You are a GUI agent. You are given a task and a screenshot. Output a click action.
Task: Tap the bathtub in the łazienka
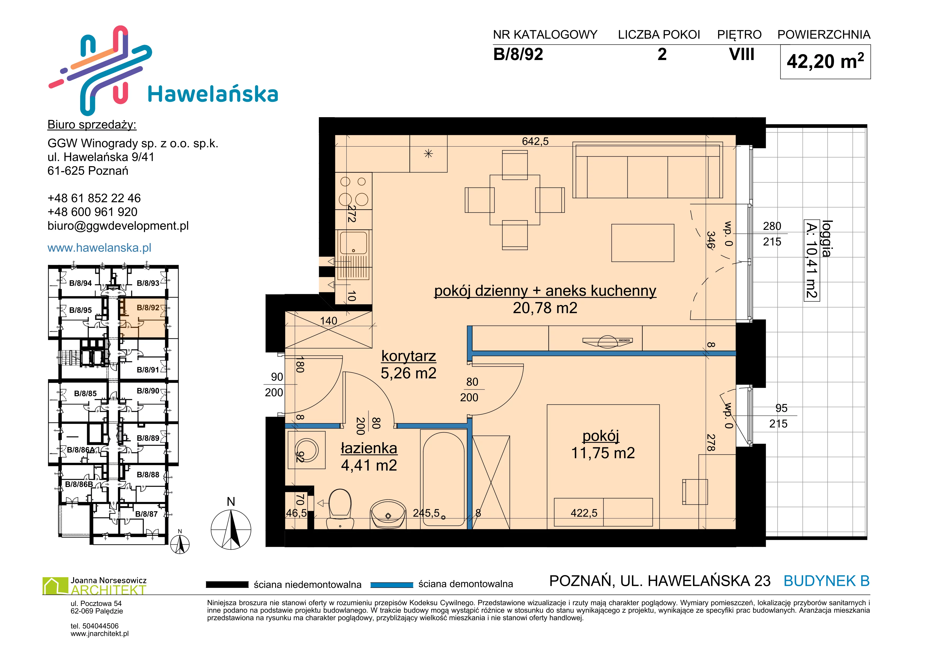[x=443, y=479]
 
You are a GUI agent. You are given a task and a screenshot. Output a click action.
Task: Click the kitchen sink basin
[x=354, y=242]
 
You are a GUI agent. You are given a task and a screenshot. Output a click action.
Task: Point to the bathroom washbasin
[x=388, y=514]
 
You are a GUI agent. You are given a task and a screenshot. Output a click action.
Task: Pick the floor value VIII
[x=742, y=54]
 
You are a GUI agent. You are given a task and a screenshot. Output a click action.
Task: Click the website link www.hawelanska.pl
[x=99, y=248]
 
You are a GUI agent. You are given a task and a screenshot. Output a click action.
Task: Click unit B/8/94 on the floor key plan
[x=80, y=283]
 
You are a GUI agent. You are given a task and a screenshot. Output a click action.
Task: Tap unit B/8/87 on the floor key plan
[x=146, y=514]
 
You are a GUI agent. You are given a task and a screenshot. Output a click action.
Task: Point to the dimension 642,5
[x=535, y=141]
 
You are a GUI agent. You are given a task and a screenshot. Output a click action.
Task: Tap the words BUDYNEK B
[x=827, y=581]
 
